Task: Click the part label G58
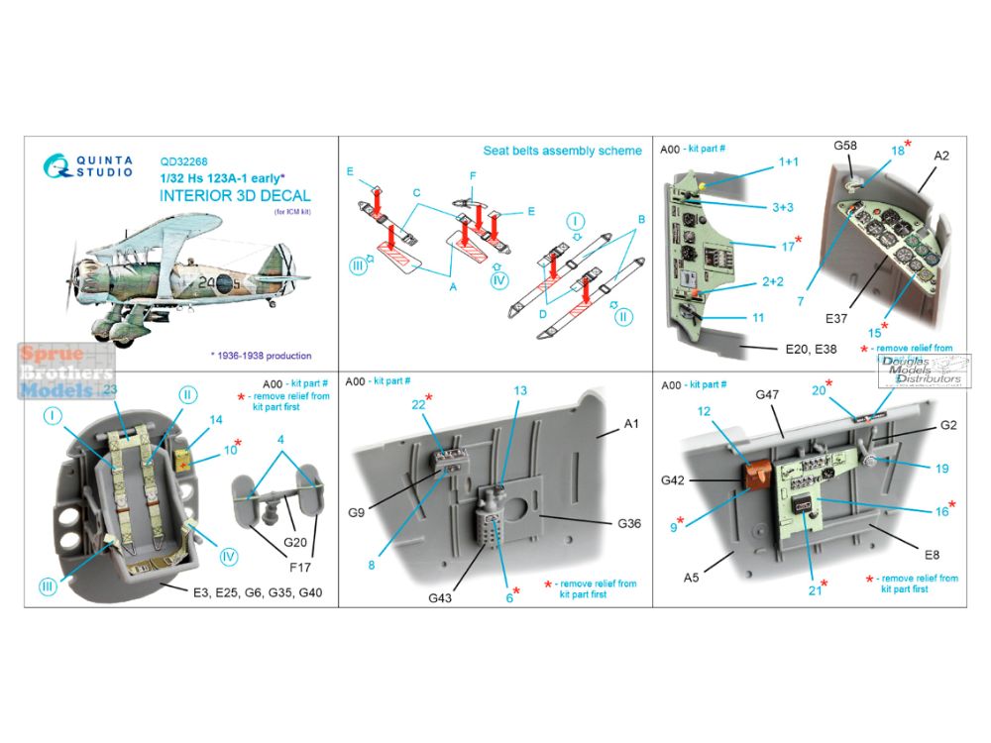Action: (x=845, y=146)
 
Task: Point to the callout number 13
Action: (x=520, y=419)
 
